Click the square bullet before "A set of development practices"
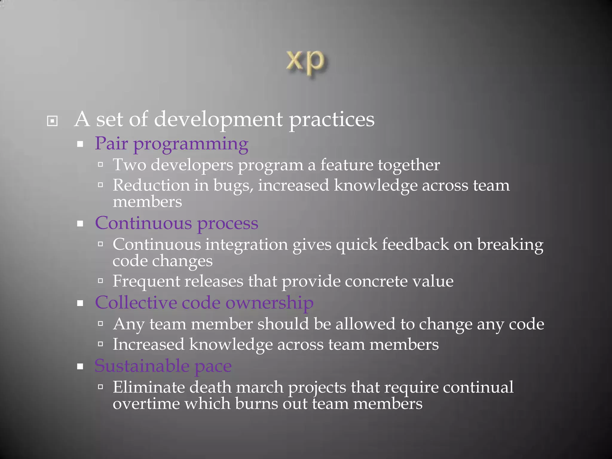pyautogui.click(x=52, y=121)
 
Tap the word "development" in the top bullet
pyautogui.click(x=218, y=120)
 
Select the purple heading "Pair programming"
pyautogui.click(x=172, y=144)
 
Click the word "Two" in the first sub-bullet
pyautogui.click(x=129, y=165)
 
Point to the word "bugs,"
pyautogui.click(x=233, y=185)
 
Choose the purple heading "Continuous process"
pyautogui.click(x=176, y=224)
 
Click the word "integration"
pyautogui.click(x=246, y=245)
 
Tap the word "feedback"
pyautogui.click(x=415, y=244)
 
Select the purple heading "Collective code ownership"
pyautogui.click(x=204, y=303)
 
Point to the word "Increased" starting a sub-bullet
pyautogui.click(x=148, y=345)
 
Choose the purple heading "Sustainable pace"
pyautogui.click(x=163, y=366)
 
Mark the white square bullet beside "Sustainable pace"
pyautogui.click(x=80, y=367)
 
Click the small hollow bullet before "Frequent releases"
pyautogui.click(x=100, y=281)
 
